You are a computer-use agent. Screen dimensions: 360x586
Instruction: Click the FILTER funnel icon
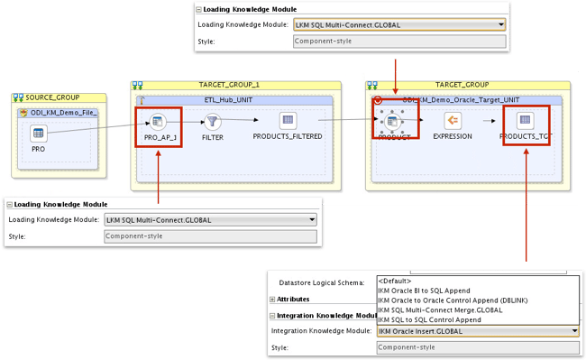(x=213, y=121)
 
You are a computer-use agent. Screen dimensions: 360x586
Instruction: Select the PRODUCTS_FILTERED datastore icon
(x=288, y=121)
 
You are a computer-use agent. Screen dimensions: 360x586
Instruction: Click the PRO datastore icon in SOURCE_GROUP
(x=39, y=134)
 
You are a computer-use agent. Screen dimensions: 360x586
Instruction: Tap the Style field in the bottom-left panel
(x=210, y=236)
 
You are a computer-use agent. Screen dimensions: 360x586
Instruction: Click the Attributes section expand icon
(x=273, y=299)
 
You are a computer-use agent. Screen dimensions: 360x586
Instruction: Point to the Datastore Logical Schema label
(x=321, y=282)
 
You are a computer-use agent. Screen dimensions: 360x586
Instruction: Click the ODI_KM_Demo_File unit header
(x=62, y=112)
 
